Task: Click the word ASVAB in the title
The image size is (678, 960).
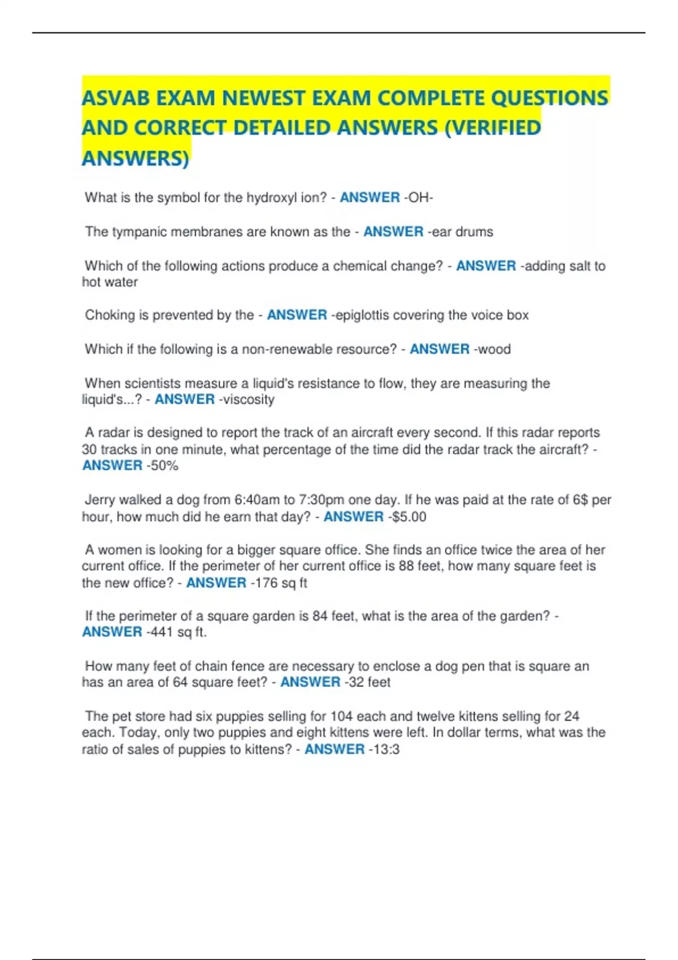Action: pos(115,98)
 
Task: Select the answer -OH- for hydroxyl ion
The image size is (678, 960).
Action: pos(418,198)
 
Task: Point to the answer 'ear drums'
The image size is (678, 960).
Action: pos(460,232)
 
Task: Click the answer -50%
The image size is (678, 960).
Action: pos(163,465)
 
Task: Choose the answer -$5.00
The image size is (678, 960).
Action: pos(406,517)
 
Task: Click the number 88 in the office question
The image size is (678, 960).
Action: pos(406,566)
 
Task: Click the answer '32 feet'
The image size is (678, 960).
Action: pos(368,682)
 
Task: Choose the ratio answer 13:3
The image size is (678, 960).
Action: pos(384,749)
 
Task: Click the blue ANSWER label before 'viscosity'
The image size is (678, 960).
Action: pos(185,399)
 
